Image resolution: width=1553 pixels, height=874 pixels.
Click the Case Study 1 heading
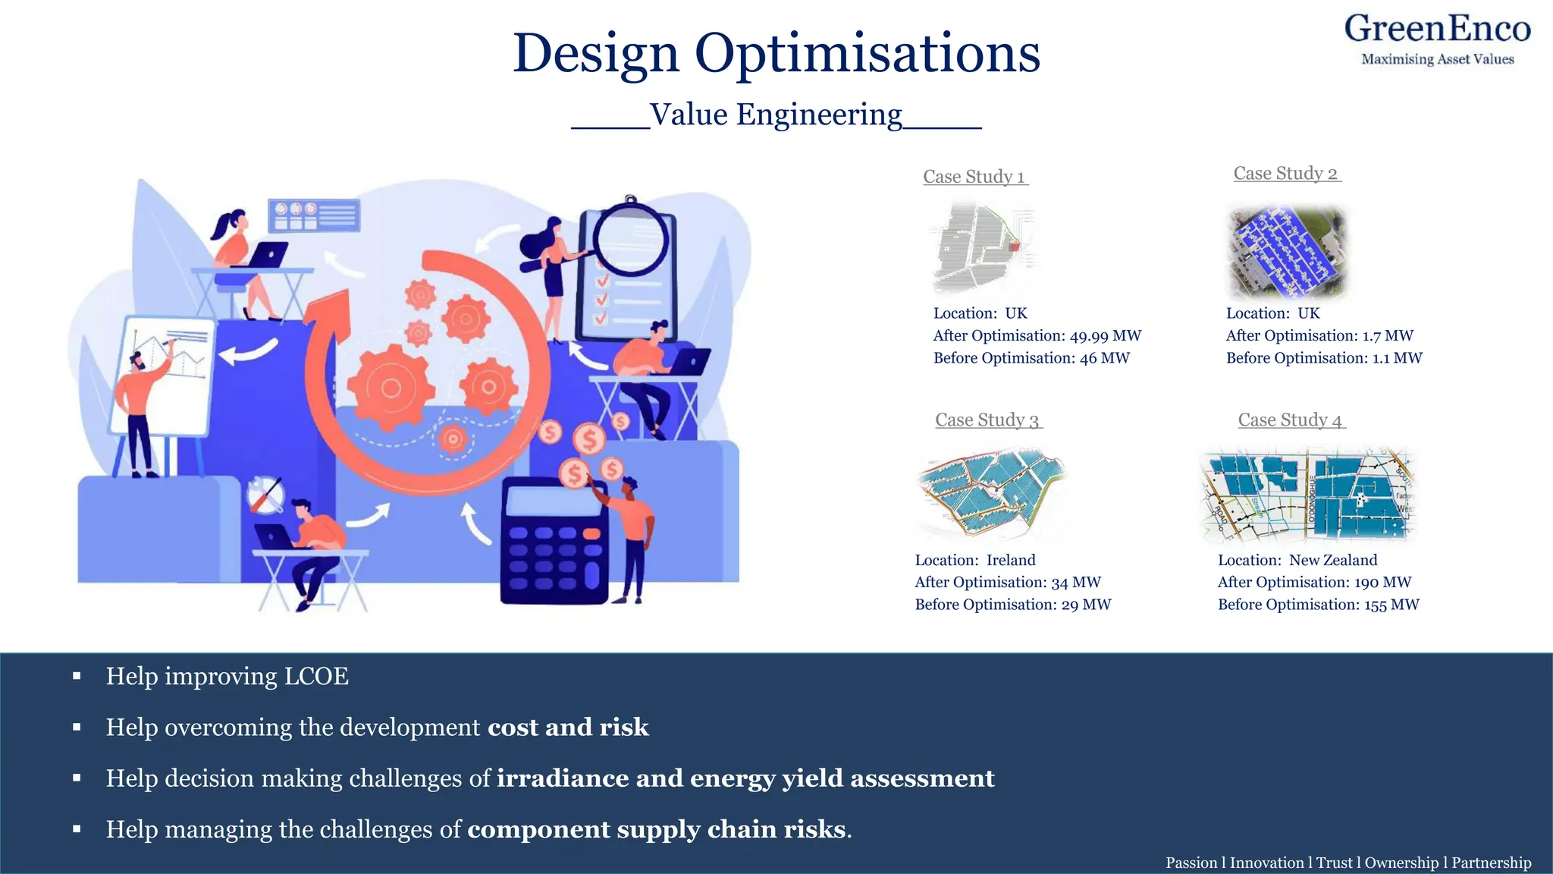tap(974, 177)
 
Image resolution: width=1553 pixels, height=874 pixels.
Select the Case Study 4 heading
tap(1291, 420)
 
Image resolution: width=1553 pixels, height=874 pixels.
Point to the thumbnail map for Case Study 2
tap(1287, 251)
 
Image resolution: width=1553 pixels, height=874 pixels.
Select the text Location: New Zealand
tap(1297, 561)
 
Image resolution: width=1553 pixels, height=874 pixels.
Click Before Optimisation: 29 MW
tap(1012, 605)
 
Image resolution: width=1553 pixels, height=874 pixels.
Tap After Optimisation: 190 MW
tap(1314, 583)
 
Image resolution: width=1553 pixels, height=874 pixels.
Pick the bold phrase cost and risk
tap(568, 728)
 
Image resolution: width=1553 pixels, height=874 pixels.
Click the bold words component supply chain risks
tap(656, 829)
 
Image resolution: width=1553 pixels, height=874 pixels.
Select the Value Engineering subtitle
tap(776, 115)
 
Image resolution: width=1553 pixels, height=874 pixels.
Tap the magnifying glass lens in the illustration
tap(630, 241)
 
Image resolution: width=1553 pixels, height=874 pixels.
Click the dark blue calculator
tap(554, 540)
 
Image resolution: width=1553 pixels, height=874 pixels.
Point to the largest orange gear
tap(391, 388)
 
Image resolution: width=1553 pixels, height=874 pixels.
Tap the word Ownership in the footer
tap(1401, 863)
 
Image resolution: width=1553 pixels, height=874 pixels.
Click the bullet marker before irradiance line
tap(77, 778)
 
